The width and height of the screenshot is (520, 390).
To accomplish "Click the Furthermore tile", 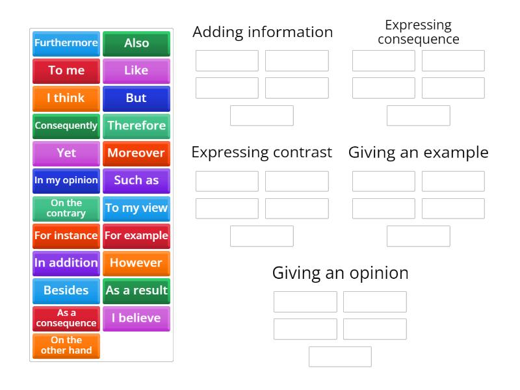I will (66, 44).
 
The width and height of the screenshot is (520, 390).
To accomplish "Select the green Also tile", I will (136, 44).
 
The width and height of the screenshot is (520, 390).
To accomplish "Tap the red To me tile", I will (66, 71).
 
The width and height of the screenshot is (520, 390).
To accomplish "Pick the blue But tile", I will (136, 98).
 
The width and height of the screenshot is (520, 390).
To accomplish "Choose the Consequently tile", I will (66, 125).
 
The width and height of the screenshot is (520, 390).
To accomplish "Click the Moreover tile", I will (136, 153).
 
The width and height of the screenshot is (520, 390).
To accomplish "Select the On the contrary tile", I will (66, 208).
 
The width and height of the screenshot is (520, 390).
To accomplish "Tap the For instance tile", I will (66, 236).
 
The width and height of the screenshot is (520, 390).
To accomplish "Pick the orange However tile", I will (136, 263).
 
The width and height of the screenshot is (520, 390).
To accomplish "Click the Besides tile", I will (66, 291).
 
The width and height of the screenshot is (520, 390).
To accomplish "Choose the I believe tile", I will (136, 318).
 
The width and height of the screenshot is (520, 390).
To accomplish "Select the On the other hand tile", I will (66, 345).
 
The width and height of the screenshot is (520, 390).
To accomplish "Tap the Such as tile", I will (136, 181).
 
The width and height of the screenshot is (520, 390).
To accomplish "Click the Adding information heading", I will (263, 32).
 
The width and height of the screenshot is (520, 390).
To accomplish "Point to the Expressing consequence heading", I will (419, 32).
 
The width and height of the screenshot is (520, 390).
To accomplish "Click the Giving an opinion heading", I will (340, 273).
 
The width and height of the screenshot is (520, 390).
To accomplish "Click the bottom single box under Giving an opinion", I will (340, 357).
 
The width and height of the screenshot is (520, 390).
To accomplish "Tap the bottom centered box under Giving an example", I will (419, 236).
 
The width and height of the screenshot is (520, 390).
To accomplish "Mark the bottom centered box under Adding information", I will (262, 116).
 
